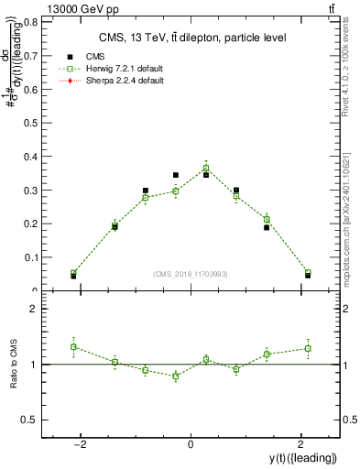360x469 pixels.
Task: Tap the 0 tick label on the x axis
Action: tap(191, 444)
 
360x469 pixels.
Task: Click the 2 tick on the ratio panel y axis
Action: tap(39, 309)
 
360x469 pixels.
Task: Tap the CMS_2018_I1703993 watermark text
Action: tap(190, 274)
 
